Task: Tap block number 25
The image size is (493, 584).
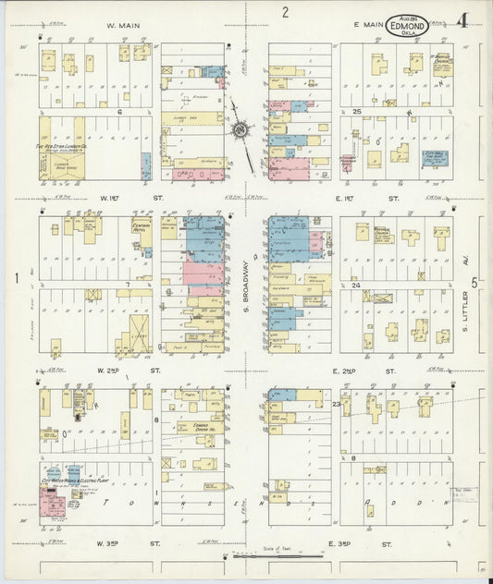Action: click(x=356, y=111)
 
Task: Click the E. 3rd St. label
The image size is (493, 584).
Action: click(x=370, y=544)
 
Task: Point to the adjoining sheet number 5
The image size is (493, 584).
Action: click(x=475, y=283)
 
